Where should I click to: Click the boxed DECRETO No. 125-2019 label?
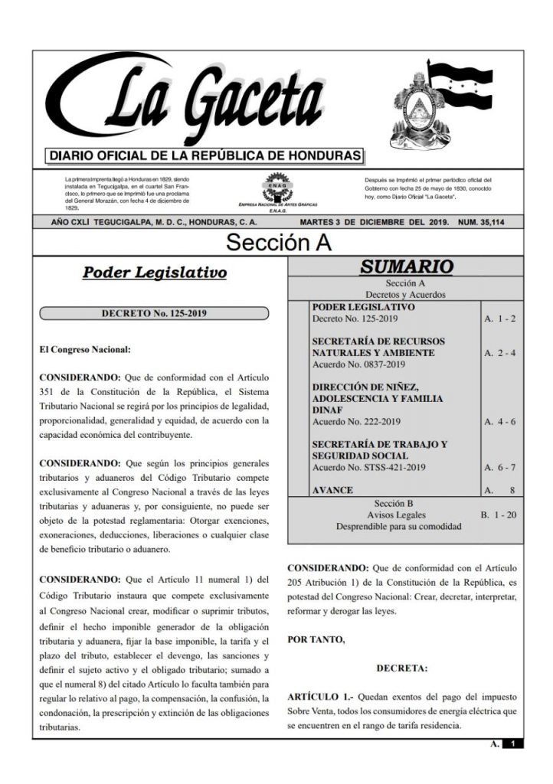tap(154, 313)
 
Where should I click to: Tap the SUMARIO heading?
tap(406, 267)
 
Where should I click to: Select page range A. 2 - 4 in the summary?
tap(502, 354)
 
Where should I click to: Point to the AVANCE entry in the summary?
tap(333, 489)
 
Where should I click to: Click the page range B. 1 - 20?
tap(498, 515)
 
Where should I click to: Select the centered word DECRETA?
tap(402, 668)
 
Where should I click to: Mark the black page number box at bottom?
tap(512, 743)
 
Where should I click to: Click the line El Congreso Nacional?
tap(85, 350)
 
